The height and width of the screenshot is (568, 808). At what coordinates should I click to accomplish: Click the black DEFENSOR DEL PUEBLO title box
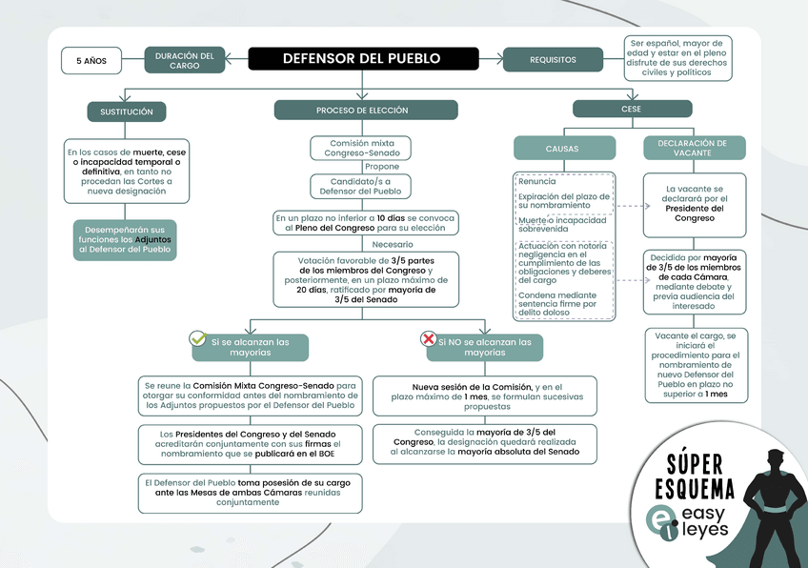coord(361,59)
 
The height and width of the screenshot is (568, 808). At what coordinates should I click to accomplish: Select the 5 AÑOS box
coord(91,60)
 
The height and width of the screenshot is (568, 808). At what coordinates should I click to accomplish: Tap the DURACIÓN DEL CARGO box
coord(185,60)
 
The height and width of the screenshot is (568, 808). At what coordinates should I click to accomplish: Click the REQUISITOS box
coord(553,60)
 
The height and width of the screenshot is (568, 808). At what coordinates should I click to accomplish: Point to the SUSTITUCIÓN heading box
coord(127,112)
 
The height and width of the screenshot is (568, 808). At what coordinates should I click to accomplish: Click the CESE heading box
coord(631,110)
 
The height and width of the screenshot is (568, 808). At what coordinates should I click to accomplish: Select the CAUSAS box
coord(561,149)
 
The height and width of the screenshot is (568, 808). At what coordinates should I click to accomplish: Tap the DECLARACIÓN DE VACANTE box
coord(693,149)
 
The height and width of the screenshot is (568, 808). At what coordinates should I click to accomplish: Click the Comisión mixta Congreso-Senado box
coord(361,148)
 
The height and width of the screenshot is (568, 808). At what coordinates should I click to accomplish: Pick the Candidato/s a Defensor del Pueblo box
coord(361,186)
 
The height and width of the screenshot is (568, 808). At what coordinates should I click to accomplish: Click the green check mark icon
coord(198,338)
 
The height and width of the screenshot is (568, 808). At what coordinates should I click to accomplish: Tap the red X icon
coord(429,339)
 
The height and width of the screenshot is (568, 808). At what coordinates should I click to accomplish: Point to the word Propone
coord(383,167)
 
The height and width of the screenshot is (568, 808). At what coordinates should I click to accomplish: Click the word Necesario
coord(393,244)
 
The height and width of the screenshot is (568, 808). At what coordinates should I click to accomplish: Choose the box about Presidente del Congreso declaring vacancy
coord(694,204)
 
